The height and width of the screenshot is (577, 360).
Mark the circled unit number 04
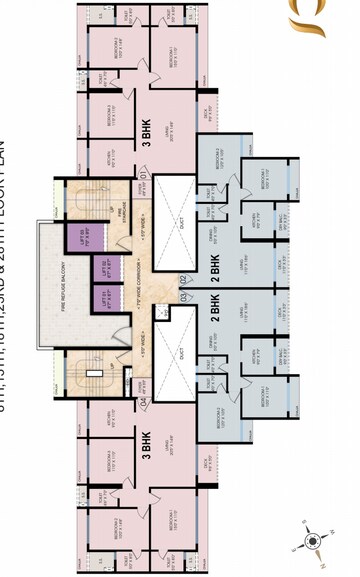pos(143,402)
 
